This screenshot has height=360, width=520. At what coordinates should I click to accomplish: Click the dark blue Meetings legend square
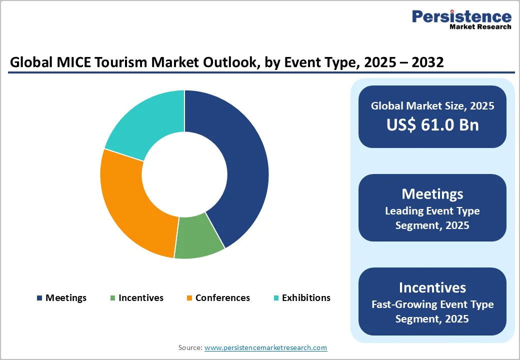point(39,298)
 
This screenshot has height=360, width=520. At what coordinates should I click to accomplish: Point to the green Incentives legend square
point(113,298)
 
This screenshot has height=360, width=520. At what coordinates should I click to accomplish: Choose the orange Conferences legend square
point(189,298)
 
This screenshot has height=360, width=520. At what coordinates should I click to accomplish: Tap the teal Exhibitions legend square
point(276,298)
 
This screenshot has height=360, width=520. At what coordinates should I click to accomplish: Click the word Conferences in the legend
point(222,297)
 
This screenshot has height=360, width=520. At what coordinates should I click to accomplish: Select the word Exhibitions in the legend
point(306,297)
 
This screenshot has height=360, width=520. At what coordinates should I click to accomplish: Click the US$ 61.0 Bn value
point(432,125)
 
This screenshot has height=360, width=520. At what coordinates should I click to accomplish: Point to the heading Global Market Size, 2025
point(432,105)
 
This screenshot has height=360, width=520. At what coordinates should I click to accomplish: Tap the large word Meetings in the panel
point(432,194)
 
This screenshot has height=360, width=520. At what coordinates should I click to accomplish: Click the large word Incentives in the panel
point(432,287)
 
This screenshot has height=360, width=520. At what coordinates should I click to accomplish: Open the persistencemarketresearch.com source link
point(265,347)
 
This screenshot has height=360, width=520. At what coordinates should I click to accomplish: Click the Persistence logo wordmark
point(461,16)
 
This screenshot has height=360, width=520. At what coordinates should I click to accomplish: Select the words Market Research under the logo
point(480,26)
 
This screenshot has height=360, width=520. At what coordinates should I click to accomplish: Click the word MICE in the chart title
point(73,62)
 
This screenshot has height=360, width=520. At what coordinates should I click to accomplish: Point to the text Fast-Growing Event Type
point(432,304)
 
